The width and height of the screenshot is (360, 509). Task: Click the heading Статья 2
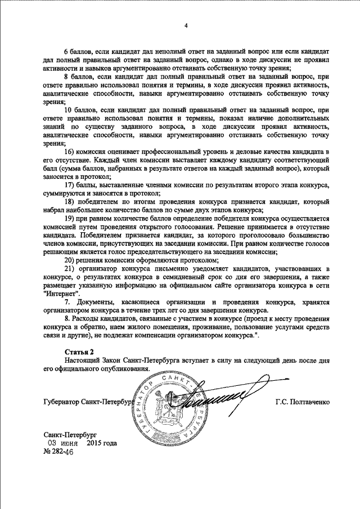tap(77, 351)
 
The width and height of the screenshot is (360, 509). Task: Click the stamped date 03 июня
tap(62, 443)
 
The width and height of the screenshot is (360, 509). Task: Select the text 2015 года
tap(102, 443)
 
